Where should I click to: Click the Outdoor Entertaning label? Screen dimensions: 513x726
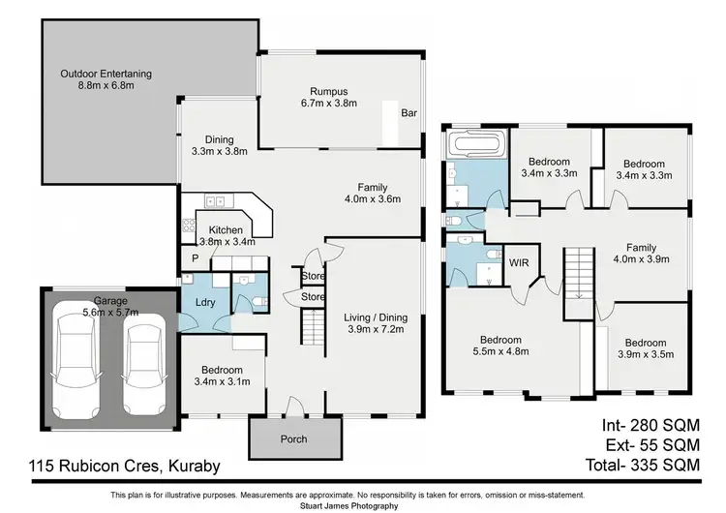click(106, 73)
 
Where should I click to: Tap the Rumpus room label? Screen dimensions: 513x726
click(327, 89)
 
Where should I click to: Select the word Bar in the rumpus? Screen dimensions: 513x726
click(408, 113)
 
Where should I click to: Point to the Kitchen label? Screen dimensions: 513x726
click(227, 229)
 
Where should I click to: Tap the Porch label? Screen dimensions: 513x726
click(293, 439)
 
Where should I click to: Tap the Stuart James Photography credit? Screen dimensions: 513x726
click(362, 505)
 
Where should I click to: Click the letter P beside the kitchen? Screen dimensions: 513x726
click(194, 258)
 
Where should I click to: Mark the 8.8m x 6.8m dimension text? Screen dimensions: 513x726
click(106, 86)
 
